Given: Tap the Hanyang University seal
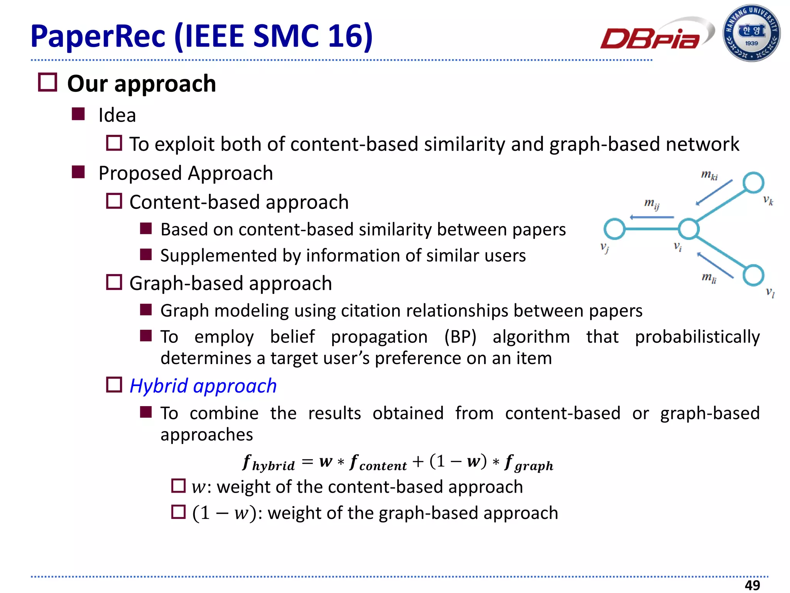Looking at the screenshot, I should click(751, 33).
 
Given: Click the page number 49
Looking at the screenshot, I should click(752, 585).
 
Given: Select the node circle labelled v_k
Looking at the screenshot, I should click(753, 183).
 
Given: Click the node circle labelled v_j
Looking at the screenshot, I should click(614, 229).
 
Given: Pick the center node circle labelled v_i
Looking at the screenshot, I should click(689, 229).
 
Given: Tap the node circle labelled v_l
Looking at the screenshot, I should click(753, 275).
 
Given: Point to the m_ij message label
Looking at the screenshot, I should click(652, 203).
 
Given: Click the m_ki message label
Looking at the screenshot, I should click(709, 175).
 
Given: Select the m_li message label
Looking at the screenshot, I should click(709, 277).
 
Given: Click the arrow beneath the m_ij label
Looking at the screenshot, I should click(652, 217).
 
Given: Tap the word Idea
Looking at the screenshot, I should click(117, 115).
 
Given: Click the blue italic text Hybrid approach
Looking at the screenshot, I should click(203, 386).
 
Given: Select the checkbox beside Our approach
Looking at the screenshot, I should click(48, 83).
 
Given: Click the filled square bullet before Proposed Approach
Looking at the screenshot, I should click(78, 172).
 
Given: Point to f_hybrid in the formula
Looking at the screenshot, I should click(268, 463).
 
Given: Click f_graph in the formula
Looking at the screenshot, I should click(529, 463).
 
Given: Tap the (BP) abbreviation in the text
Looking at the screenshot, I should click(460, 337).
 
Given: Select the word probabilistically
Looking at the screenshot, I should click(697, 337).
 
